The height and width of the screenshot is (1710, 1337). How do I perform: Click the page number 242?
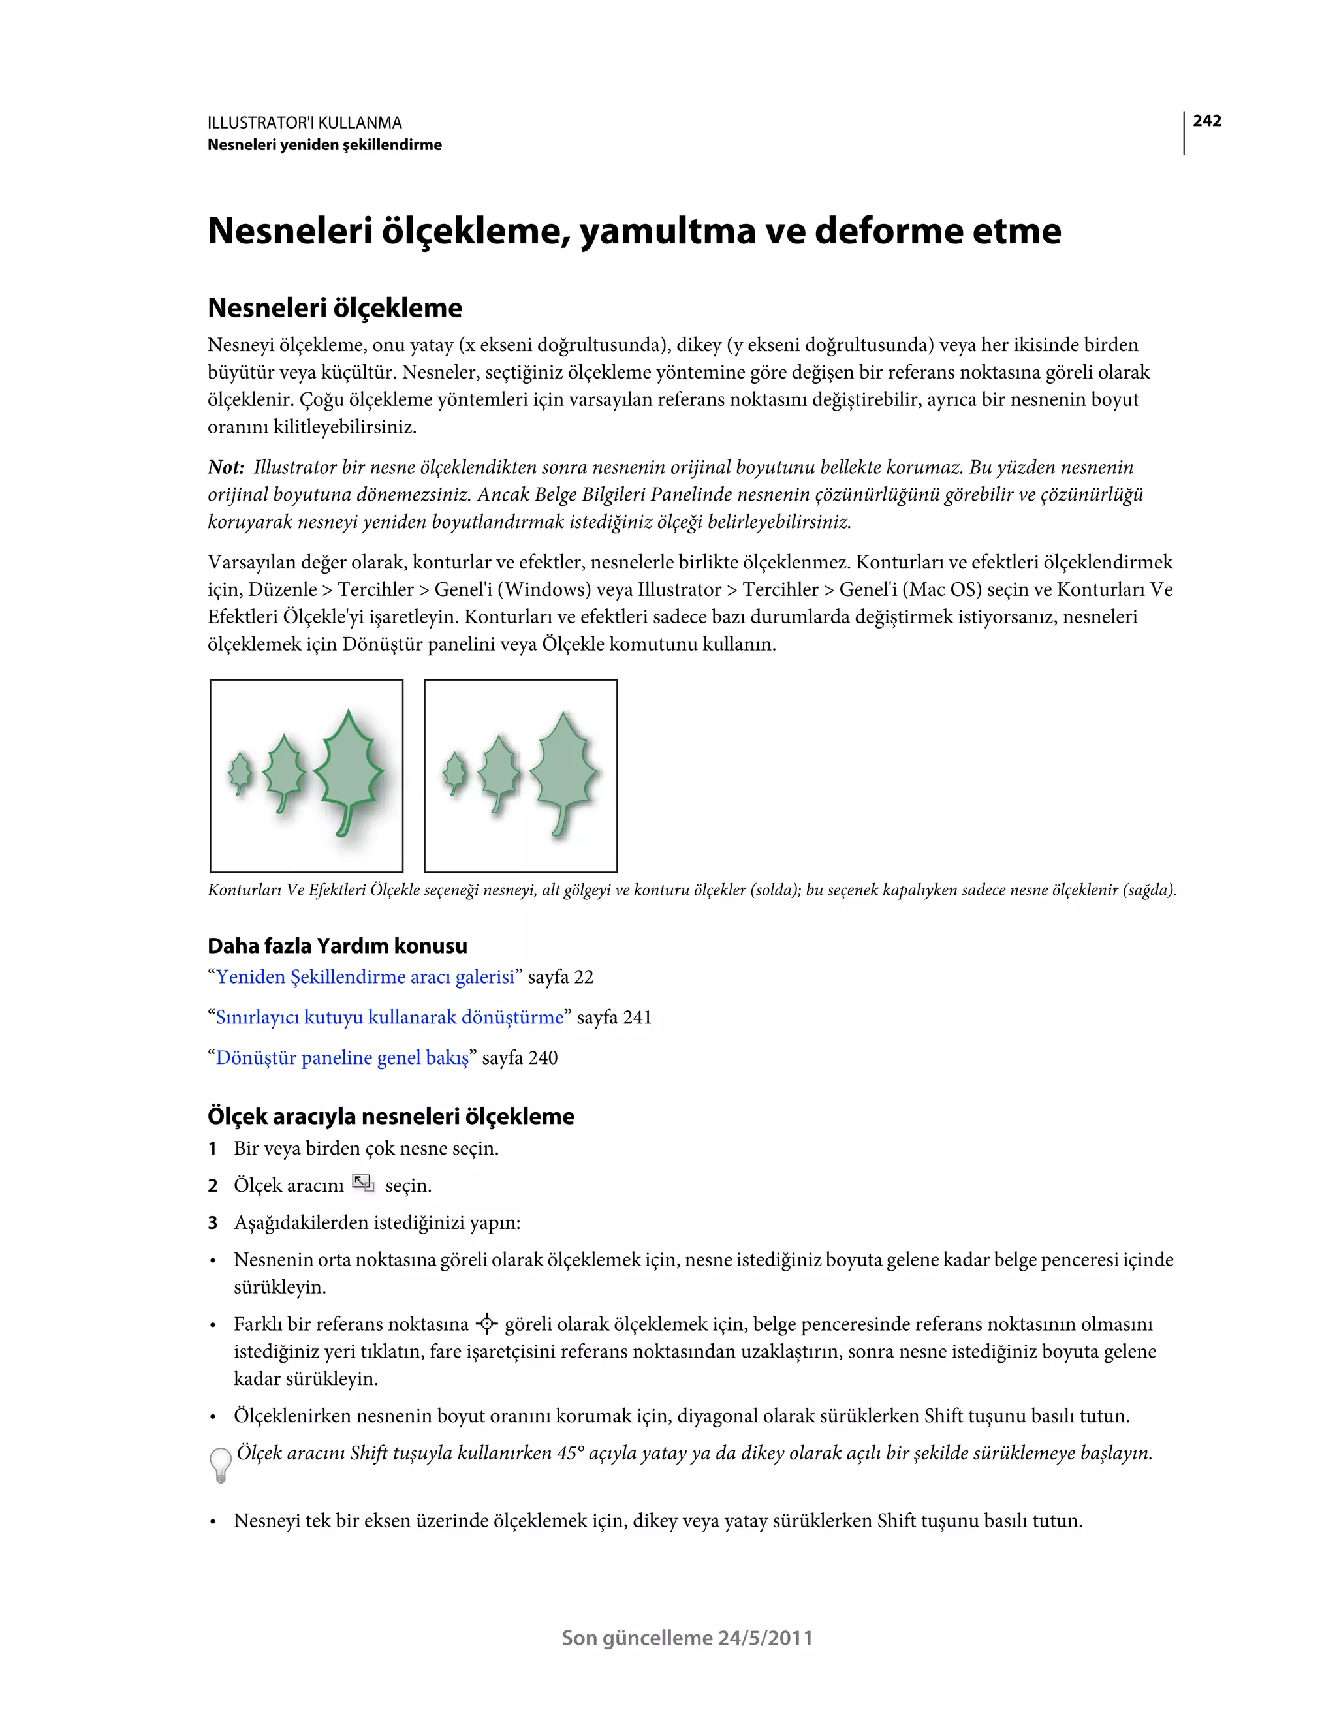[x=1206, y=121]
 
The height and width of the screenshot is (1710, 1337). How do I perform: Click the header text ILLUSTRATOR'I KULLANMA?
[x=305, y=123]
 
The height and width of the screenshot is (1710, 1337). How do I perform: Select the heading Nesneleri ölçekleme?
[x=334, y=307]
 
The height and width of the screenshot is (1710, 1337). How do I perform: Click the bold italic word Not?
[x=226, y=467]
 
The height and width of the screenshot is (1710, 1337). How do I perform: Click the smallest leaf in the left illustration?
[x=240, y=771]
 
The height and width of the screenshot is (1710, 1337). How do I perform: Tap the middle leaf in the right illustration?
[x=498, y=769]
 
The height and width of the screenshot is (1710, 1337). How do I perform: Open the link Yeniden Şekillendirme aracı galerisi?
[x=365, y=977]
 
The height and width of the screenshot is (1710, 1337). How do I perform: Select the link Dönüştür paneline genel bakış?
[x=342, y=1058]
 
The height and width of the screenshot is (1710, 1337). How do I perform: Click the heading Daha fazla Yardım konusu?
[x=337, y=946]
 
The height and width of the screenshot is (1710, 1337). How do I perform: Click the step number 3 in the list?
[x=212, y=1223]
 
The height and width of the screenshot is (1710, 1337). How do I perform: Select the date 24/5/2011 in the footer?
[x=765, y=1638]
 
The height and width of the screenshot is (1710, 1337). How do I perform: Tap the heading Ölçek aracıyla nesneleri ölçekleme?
[x=391, y=1117]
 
